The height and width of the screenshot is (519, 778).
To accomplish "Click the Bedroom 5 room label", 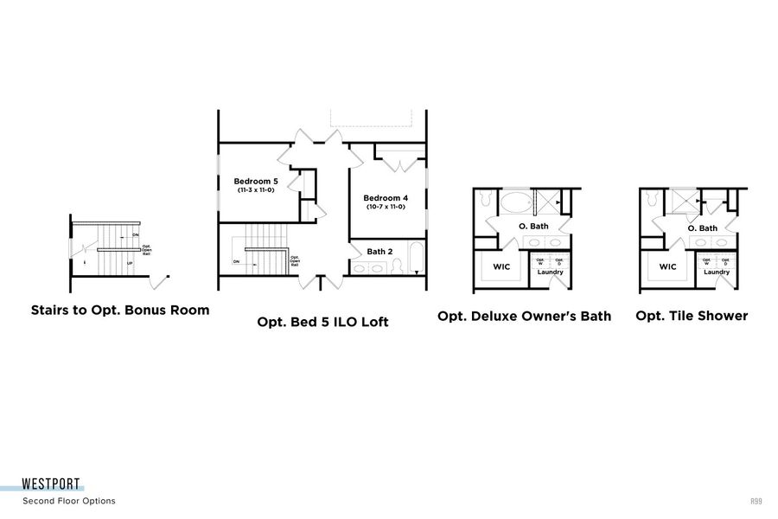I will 255,181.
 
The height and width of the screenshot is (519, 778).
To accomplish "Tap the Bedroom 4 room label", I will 385,198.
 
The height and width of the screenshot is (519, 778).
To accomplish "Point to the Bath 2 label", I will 379,252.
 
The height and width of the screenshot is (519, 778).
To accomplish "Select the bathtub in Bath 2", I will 417,259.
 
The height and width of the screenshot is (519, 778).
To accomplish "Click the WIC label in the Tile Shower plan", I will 667,266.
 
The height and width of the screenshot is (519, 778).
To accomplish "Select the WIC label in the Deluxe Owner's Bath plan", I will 501,266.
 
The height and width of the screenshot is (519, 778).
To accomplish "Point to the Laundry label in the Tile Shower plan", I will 716,272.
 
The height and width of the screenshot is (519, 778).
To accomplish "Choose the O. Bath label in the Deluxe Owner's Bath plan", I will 533,227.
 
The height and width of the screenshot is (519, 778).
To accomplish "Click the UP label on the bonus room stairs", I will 130,262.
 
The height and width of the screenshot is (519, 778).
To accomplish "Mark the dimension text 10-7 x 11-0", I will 385,208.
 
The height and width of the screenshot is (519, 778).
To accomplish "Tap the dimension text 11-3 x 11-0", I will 255,189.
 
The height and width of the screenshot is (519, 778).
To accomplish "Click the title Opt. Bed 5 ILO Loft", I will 322,322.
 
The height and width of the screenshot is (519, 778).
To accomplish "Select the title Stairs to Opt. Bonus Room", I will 120,310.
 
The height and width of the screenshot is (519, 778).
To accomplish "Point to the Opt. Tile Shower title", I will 692,316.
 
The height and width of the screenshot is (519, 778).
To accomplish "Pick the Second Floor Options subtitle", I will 68,501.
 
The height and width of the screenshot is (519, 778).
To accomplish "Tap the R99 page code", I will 756,501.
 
